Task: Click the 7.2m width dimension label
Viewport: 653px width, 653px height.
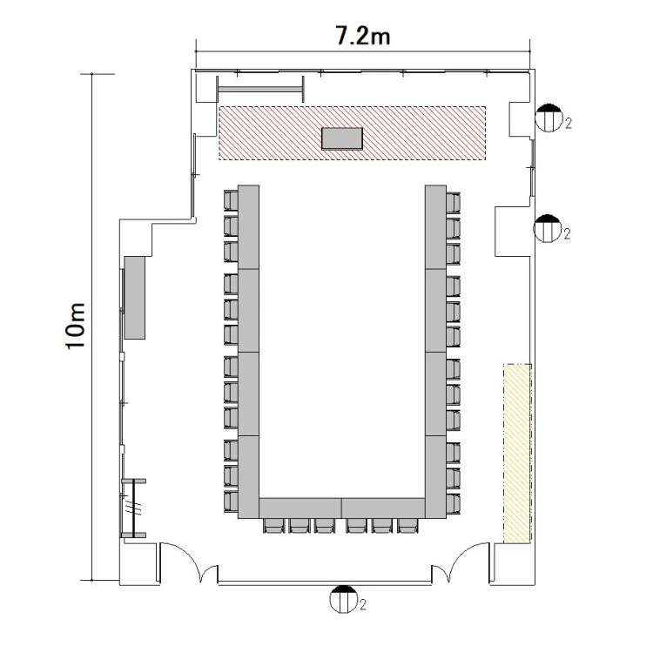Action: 363,36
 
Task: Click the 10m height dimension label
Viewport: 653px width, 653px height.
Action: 76,326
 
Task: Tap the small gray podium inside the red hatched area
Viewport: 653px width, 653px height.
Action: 342,138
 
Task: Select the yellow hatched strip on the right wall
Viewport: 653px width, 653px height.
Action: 518,453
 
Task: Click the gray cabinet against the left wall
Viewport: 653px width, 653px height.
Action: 134,298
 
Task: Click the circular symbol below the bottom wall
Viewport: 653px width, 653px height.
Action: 343,599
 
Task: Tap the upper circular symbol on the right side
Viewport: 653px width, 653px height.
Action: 549,118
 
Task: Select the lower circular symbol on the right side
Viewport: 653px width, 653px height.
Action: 548,229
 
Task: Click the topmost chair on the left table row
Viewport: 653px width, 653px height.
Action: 231,200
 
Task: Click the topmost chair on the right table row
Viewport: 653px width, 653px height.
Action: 453,202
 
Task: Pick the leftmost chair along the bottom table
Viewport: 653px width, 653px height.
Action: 274,526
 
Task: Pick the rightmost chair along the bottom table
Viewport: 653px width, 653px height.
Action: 407,526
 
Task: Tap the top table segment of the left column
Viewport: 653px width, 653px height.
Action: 249,227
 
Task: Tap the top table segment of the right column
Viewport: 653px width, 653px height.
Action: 435,227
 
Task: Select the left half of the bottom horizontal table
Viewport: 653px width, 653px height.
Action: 300,508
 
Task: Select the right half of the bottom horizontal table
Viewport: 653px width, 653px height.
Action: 383,508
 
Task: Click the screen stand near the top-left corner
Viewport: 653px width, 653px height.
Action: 260,89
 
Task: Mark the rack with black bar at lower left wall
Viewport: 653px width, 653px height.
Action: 133,508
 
